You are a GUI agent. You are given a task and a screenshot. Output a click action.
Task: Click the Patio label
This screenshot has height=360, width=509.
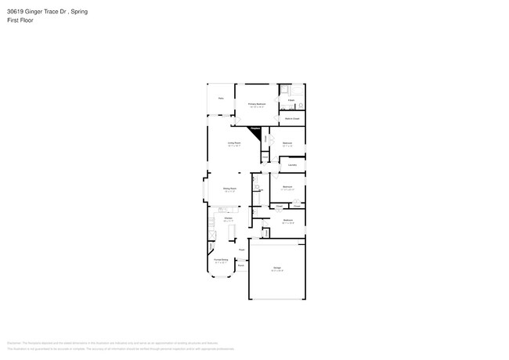click(x=221, y=99)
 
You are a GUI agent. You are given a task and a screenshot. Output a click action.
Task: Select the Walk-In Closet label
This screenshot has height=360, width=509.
click(x=292, y=119)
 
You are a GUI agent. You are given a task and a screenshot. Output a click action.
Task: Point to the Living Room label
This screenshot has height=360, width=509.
click(x=233, y=143)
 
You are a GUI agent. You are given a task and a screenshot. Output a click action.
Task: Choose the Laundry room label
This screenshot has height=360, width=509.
click(x=292, y=165)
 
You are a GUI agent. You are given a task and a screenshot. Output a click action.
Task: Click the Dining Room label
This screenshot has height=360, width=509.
click(x=229, y=189)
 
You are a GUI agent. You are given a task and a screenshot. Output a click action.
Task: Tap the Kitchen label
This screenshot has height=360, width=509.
click(x=228, y=218)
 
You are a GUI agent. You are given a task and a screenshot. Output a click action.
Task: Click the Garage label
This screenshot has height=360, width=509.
click(x=276, y=268)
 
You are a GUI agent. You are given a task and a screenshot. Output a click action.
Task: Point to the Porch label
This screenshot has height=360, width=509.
click(x=241, y=266)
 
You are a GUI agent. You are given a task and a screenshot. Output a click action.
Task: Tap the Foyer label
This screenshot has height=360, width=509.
click(x=241, y=250)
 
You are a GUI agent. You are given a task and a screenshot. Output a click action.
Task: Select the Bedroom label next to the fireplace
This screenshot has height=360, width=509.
click(x=287, y=143)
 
